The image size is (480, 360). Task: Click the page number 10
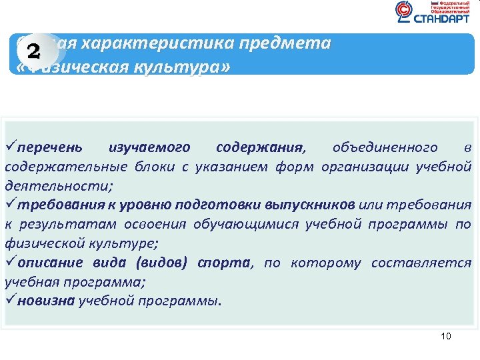[446, 336]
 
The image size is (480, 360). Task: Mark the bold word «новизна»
[47, 301]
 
